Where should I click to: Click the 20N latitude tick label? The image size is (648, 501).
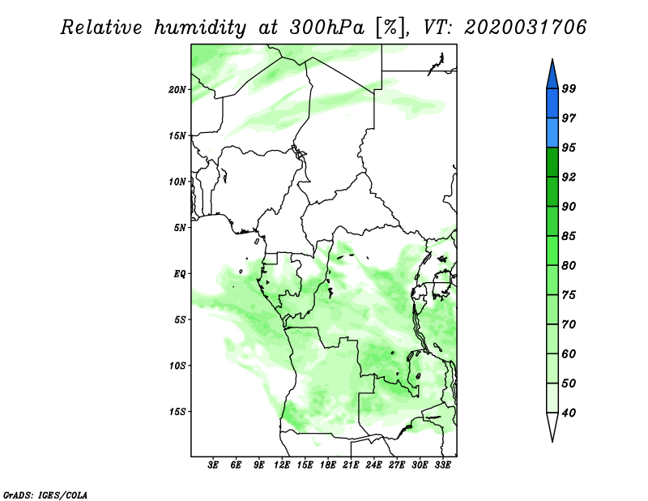(x=177, y=90)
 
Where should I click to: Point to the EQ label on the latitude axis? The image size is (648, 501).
(x=180, y=274)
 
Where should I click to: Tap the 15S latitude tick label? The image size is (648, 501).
(x=177, y=412)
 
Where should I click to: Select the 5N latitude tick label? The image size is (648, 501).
(x=180, y=228)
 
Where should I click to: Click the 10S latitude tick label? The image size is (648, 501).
(x=177, y=366)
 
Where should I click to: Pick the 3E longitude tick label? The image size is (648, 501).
(x=212, y=465)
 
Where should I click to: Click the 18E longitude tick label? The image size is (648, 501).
(x=327, y=465)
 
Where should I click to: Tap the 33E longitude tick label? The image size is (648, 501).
(x=442, y=465)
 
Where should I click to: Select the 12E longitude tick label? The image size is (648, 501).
(x=281, y=465)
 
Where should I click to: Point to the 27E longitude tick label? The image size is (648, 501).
(x=396, y=465)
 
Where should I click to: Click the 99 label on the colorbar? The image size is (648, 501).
(x=569, y=88)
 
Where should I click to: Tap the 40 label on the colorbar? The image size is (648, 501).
(x=569, y=413)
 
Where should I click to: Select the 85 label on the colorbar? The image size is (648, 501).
(x=569, y=236)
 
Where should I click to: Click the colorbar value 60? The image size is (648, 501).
(x=569, y=354)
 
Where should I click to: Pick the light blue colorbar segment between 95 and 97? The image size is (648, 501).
(x=552, y=133)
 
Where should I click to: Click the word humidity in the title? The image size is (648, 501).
(x=200, y=28)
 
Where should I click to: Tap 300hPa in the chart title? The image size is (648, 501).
(x=326, y=28)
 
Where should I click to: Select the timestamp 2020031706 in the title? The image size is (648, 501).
(x=525, y=28)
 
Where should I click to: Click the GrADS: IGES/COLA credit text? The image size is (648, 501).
(x=45, y=495)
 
